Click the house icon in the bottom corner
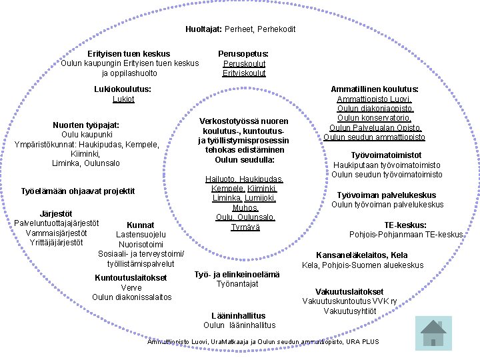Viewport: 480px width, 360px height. point(433,331)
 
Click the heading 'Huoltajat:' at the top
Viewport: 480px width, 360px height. point(204,29)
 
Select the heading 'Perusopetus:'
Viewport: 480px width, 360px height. point(243,53)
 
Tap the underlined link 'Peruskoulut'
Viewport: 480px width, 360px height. point(244,63)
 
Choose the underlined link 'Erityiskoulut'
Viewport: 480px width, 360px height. point(244,73)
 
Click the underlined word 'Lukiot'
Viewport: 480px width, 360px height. point(123,98)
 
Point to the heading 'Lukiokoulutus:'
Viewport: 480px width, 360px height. point(123,88)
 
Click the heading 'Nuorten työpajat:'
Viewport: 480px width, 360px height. point(86,125)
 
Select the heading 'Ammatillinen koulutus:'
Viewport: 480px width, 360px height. point(375,88)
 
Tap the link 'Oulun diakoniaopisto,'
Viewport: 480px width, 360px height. point(375,108)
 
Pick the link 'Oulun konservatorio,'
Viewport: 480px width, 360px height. point(375,117)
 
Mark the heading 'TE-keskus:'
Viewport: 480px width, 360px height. point(405,225)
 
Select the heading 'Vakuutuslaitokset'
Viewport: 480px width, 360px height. point(349,291)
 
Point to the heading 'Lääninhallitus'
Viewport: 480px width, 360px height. point(238,315)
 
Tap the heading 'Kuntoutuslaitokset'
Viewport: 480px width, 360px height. point(131,277)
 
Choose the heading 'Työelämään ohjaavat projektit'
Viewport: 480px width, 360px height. point(79,191)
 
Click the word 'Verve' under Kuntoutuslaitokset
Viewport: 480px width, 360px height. point(131,287)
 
